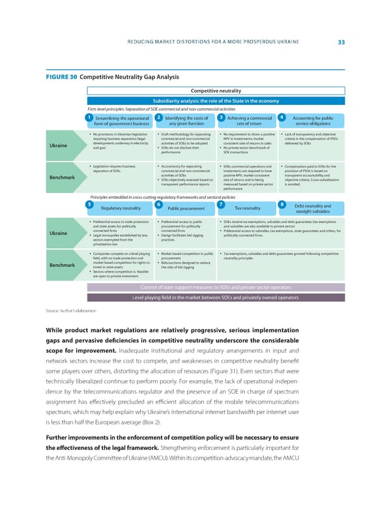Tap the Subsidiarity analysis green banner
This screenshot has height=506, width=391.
tap(216, 100)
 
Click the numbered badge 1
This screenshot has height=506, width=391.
tap(88, 117)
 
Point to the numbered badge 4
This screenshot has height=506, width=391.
tap(281, 117)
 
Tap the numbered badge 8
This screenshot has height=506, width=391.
tap(281, 186)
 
